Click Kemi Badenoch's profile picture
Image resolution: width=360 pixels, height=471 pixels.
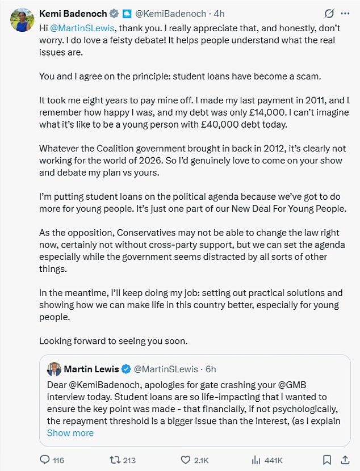click(x=21, y=20)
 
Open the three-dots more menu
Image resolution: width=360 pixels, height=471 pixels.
click(x=345, y=13)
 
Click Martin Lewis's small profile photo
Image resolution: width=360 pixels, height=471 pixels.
click(x=55, y=369)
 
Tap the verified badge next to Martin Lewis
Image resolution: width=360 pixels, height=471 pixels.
click(x=125, y=369)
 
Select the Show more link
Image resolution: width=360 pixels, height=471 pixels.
click(x=70, y=433)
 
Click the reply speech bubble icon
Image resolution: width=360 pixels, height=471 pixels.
click(x=45, y=460)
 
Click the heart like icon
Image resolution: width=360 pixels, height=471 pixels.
click(x=185, y=460)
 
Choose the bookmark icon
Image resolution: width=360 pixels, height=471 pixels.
click(x=327, y=460)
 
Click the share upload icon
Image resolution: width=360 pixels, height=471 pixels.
click(x=345, y=460)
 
